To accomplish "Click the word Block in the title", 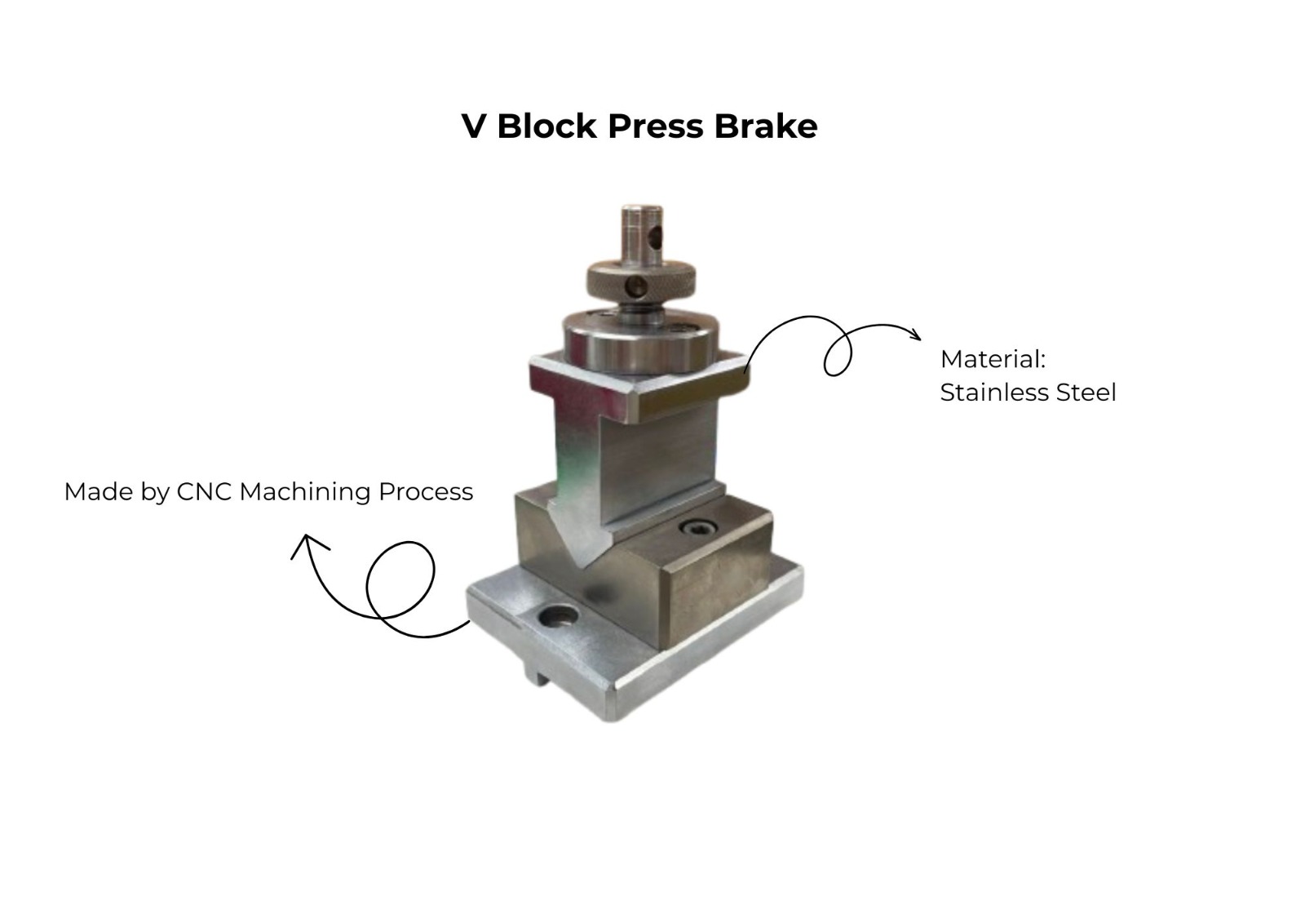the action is coord(546,126).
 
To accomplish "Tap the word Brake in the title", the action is coord(766,126).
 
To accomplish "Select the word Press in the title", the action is coord(656,126).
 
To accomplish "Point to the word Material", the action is coord(993,359).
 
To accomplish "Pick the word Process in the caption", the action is coord(425,491).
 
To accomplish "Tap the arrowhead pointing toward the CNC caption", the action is coord(307,544).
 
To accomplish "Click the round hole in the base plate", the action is coord(559,616).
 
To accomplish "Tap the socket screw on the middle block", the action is coord(698,528).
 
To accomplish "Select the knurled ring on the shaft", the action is coord(641,281).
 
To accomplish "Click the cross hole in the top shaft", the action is coord(656,236).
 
